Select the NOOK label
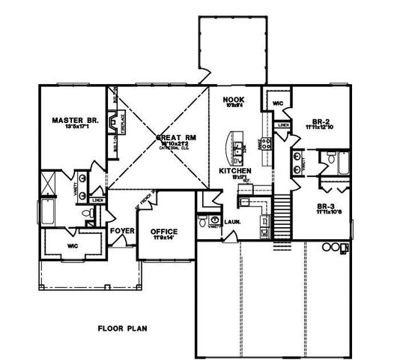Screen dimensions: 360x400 [229, 98]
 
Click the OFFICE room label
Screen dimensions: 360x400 [163, 231]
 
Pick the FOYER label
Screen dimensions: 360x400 [121, 230]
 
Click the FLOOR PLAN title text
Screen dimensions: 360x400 [122, 328]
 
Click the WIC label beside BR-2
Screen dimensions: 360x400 [277, 103]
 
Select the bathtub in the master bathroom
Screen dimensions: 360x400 [46, 211]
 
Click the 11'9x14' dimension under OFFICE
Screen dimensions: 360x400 [163, 238]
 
